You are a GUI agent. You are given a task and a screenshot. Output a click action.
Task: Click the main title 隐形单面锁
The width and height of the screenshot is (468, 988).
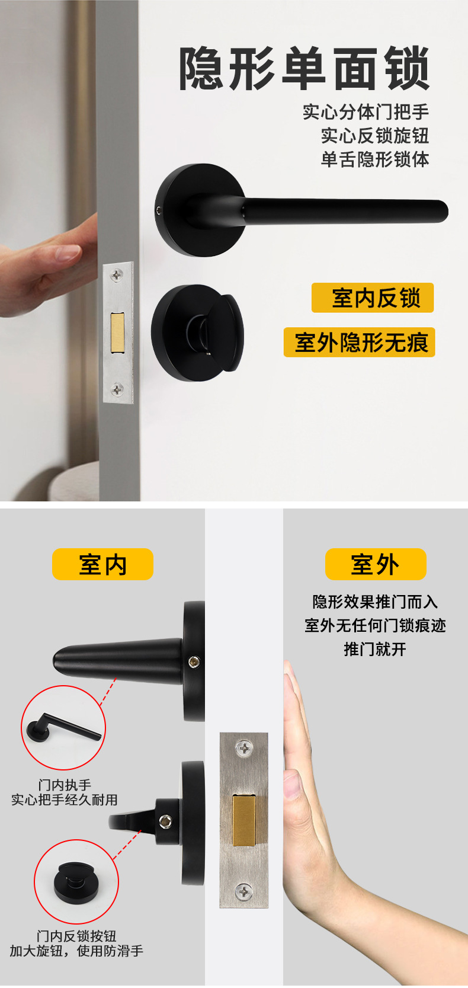[x=304, y=68]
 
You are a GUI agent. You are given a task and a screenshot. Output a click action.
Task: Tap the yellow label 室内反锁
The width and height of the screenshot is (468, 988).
[x=373, y=298]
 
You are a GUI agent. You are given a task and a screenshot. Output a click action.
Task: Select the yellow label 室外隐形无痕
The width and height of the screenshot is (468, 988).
[x=359, y=342]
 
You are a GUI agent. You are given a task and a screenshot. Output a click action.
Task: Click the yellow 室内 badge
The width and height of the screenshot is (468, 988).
[x=102, y=564]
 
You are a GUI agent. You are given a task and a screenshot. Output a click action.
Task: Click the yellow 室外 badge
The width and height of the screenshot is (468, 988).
[x=376, y=564]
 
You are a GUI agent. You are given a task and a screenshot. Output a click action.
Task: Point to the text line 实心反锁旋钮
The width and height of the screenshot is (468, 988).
[x=375, y=135]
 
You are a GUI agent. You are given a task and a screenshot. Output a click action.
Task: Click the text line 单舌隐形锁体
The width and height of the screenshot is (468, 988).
[x=375, y=159]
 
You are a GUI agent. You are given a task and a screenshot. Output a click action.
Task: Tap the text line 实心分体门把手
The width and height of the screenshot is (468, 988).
[x=366, y=112]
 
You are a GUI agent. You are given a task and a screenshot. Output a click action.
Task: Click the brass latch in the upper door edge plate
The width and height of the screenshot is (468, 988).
[x=117, y=332]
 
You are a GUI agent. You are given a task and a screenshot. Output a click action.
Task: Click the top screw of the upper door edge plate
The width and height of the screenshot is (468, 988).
[x=117, y=275]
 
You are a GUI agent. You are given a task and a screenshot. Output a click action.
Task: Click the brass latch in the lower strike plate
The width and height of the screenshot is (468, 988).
[x=243, y=820]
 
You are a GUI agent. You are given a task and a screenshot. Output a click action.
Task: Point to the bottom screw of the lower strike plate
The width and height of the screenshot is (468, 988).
[x=243, y=891]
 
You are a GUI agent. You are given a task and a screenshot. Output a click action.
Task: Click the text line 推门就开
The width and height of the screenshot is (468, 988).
[x=375, y=649]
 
